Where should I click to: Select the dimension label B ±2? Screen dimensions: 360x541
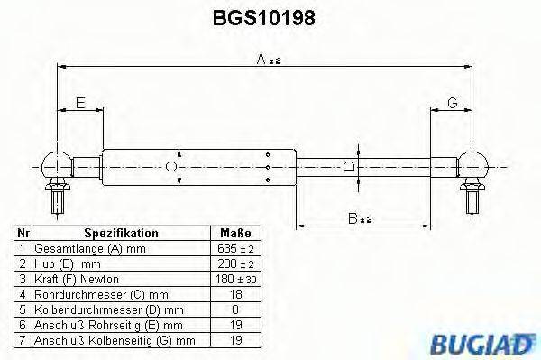[361, 218]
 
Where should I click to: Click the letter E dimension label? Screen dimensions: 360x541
[80, 104]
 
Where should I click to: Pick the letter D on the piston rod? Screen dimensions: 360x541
[349, 166]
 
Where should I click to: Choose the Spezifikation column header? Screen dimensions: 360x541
[121, 233]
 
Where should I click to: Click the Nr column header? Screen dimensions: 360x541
[23, 233]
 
